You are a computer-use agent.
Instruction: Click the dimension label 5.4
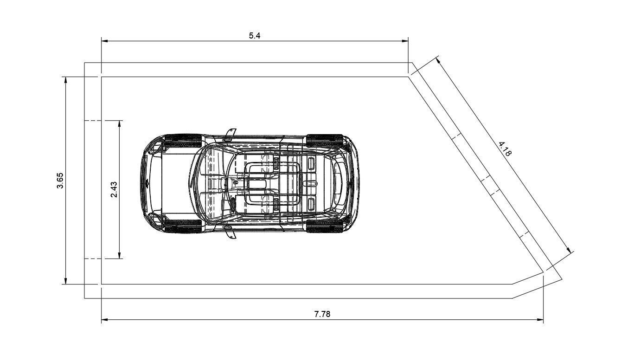point(255,36)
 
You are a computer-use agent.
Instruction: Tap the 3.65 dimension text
point(60,181)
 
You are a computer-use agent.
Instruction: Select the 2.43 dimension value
point(114,189)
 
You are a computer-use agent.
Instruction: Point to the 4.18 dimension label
point(505,149)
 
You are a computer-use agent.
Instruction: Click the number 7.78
point(322,314)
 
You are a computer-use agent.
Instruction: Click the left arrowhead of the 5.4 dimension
point(104,41)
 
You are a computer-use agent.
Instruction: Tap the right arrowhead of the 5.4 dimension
point(405,41)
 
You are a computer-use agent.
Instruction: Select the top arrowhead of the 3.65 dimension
point(65,80)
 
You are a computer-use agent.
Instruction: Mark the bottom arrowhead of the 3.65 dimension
point(65,281)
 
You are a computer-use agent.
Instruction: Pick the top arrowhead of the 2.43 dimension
point(120,124)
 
